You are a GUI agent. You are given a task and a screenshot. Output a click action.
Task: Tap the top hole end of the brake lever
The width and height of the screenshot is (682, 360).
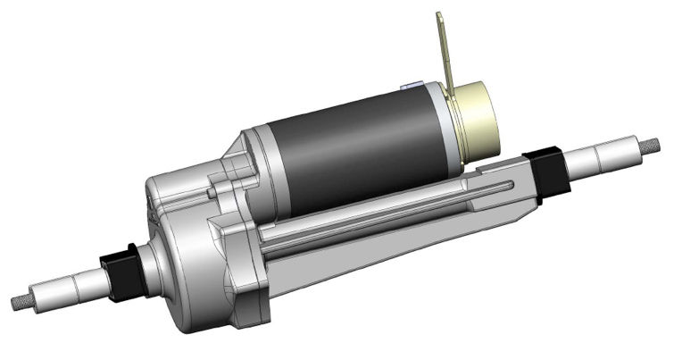(439, 18)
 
